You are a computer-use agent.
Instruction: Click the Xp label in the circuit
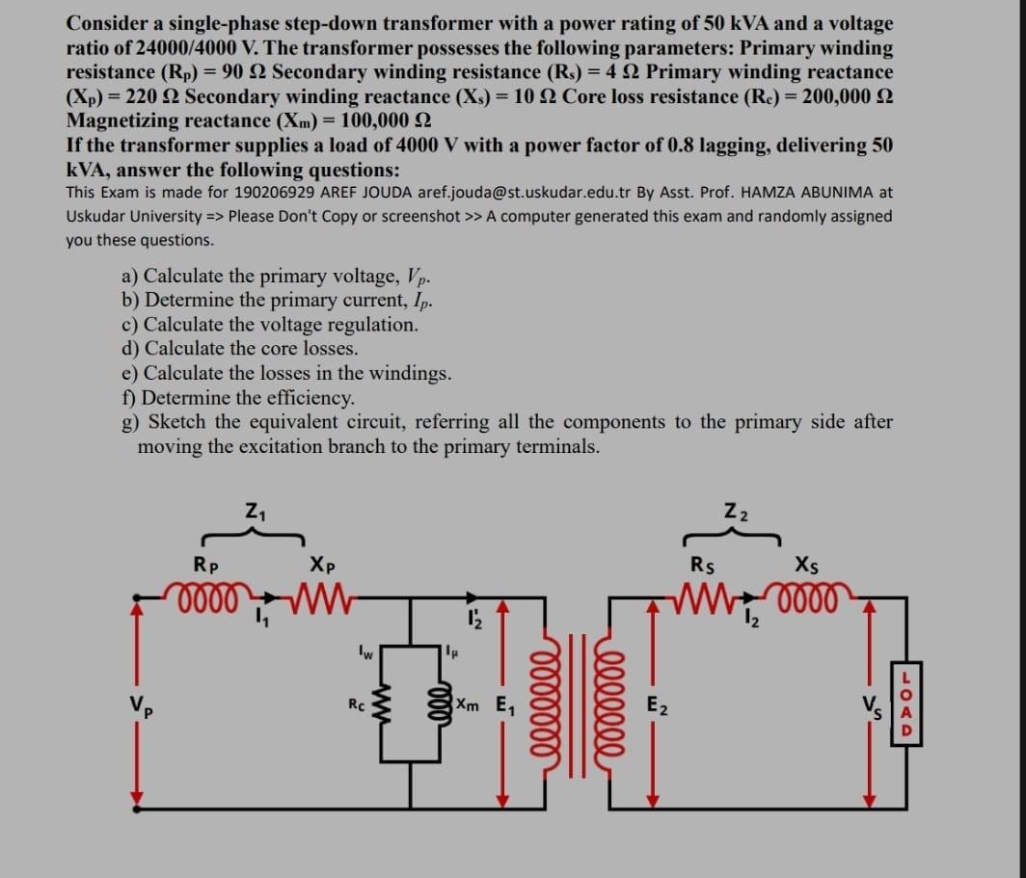coord(323,564)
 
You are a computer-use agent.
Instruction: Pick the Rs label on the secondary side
coord(703,564)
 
